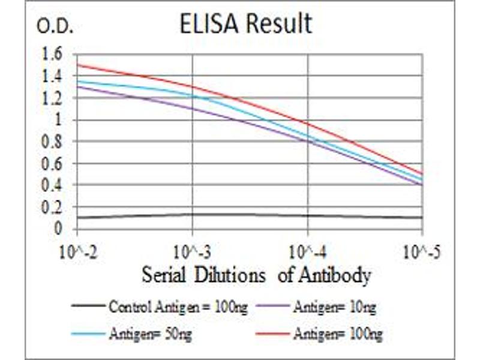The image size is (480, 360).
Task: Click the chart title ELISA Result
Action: (x=246, y=24)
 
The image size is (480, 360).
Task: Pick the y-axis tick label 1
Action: (x=58, y=119)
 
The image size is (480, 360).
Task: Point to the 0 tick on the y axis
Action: (x=58, y=229)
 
